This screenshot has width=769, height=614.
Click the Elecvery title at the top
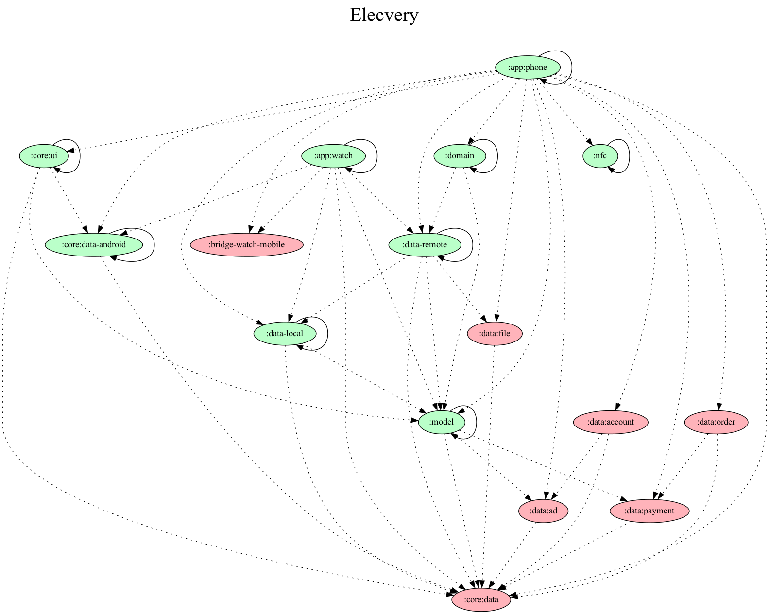click(384, 15)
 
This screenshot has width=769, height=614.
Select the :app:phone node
click(528, 68)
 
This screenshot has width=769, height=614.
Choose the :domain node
click(460, 156)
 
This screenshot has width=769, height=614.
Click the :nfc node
click(600, 156)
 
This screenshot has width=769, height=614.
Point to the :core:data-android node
click(93, 244)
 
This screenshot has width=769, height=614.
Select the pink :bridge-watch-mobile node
click(247, 244)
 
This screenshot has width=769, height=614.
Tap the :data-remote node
click(425, 244)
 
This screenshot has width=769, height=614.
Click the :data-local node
click(285, 333)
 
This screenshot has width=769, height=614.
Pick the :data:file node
click(495, 333)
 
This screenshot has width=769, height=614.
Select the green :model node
click(442, 422)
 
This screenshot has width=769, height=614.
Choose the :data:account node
click(611, 422)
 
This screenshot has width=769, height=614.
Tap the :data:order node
click(716, 422)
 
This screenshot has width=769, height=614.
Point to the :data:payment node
click(649, 511)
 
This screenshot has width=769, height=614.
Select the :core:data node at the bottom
click(481, 599)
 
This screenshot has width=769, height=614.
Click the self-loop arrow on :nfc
click(629, 156)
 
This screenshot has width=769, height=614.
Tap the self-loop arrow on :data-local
click(327, 333)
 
